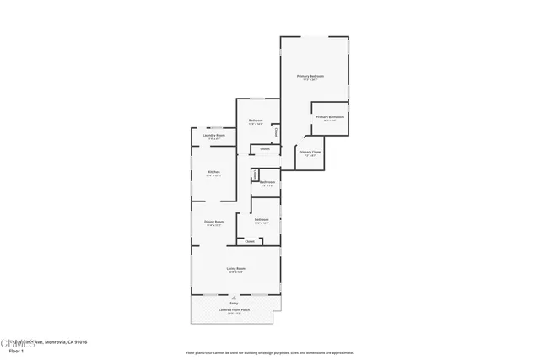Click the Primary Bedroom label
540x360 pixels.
pyautogui.click(x=310, y=76)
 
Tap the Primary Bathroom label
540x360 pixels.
pyautogui.click(x=330, y=116)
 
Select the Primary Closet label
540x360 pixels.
pyautogui.click(x=310, y=152)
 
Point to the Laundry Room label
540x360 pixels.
pyautogui.click(x=214, y=135)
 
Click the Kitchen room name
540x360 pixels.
pyautogui.click(x=213, y=172)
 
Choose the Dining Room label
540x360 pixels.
pyautogui.click(x=213, y=222)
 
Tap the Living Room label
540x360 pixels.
pyautogui.click(x=235, y=268)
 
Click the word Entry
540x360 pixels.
pyautogui.click(x=235, y=303)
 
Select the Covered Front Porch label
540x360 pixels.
pyautogui.click(x=235, y=309)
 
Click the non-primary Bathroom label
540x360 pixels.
pyautogui.click(x=267, y=181)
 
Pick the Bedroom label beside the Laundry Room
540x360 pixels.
pyautogui.click(x=256, y=121)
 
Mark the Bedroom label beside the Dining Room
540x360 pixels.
pyautogui.click(x=262, y=219)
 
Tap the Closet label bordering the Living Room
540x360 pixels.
pyautogui.click(x=250, y=242)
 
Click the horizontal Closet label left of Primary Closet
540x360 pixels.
pyautogui.click(x=265, y=149)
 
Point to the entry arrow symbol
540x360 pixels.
pyautogui.click(x=235, y=298)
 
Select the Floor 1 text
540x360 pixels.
pyautogui.click(x=15, y=349)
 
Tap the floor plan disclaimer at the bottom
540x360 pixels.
pyautogui.click(x=270, y=352)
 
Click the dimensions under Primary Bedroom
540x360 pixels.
pyautogui.click(x=310, y=80)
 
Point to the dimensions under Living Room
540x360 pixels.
pyautogui.click(x=235, y=272)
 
